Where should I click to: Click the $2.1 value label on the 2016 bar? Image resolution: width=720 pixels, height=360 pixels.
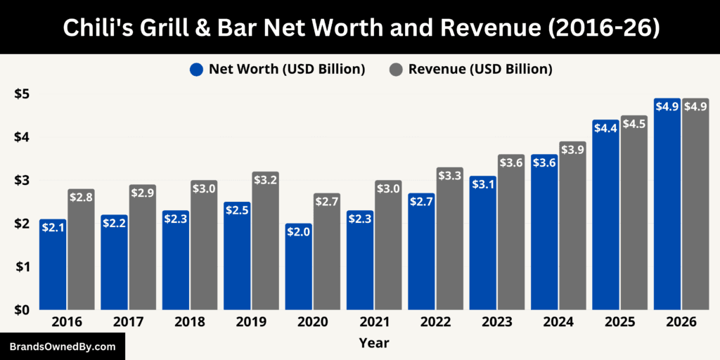click(x=53, y=227)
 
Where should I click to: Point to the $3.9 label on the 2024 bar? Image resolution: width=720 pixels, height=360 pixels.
click(x=572, y=150)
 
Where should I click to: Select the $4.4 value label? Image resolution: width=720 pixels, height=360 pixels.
click(x=605, y=129)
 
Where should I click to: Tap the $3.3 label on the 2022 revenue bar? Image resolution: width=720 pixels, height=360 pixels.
click(x=449, y=176)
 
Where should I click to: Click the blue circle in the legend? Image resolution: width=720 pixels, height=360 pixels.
click(x=196, y=70)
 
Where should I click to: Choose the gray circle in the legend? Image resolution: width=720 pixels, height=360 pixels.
click(x=396, y=70)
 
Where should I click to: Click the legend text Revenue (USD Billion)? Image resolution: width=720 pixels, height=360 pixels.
click(x=480, y=69)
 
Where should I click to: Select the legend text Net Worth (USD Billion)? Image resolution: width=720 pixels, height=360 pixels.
click(x=286, y=69)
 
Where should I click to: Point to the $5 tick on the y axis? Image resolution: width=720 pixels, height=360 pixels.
click(x=21, y=94)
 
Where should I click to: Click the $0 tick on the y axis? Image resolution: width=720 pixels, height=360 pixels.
click(x=21, y=309)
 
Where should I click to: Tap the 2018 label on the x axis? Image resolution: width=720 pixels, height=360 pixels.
click(x=190, y=322)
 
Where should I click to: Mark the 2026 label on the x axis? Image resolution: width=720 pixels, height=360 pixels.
click(x=681, y=322)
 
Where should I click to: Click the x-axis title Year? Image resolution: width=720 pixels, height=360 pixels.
click(x=373, y=343)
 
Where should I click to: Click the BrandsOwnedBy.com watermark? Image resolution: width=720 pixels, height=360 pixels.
click(x=63, y=347)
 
